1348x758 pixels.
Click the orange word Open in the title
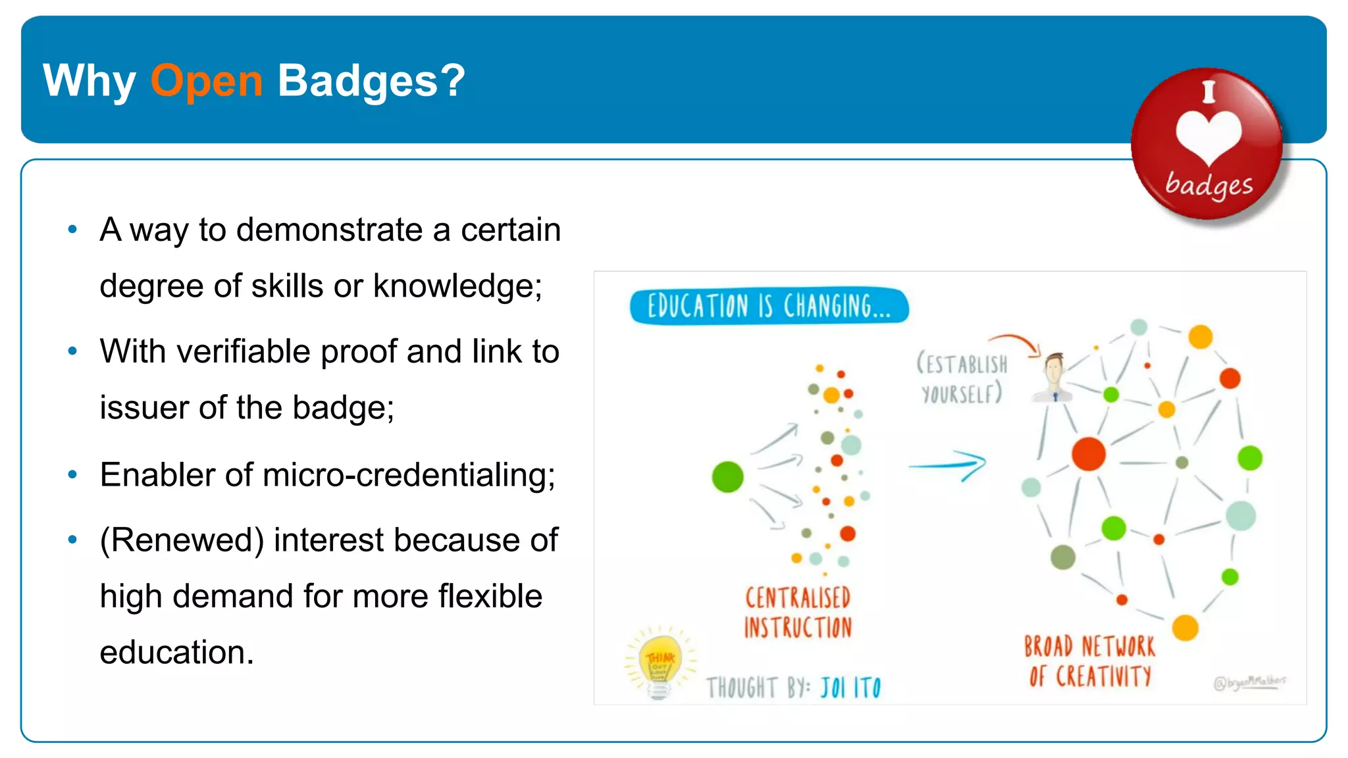click(206, 82)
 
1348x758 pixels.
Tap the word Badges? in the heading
click(371, 82)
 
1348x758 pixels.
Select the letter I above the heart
click(1208, 91)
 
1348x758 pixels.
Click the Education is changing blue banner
click(769, 307)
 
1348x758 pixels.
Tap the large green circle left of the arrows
click(727, 476)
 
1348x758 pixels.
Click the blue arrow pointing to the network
click(948, 465)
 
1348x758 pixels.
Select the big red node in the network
click(1088, 453)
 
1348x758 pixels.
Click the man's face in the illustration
click(1054, 369)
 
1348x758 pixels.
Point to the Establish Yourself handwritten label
click(962, 379)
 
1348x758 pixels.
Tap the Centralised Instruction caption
click(798, 613)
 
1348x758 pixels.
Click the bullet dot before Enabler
click(72, 474)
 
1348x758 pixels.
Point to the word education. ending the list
click(176, 653)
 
